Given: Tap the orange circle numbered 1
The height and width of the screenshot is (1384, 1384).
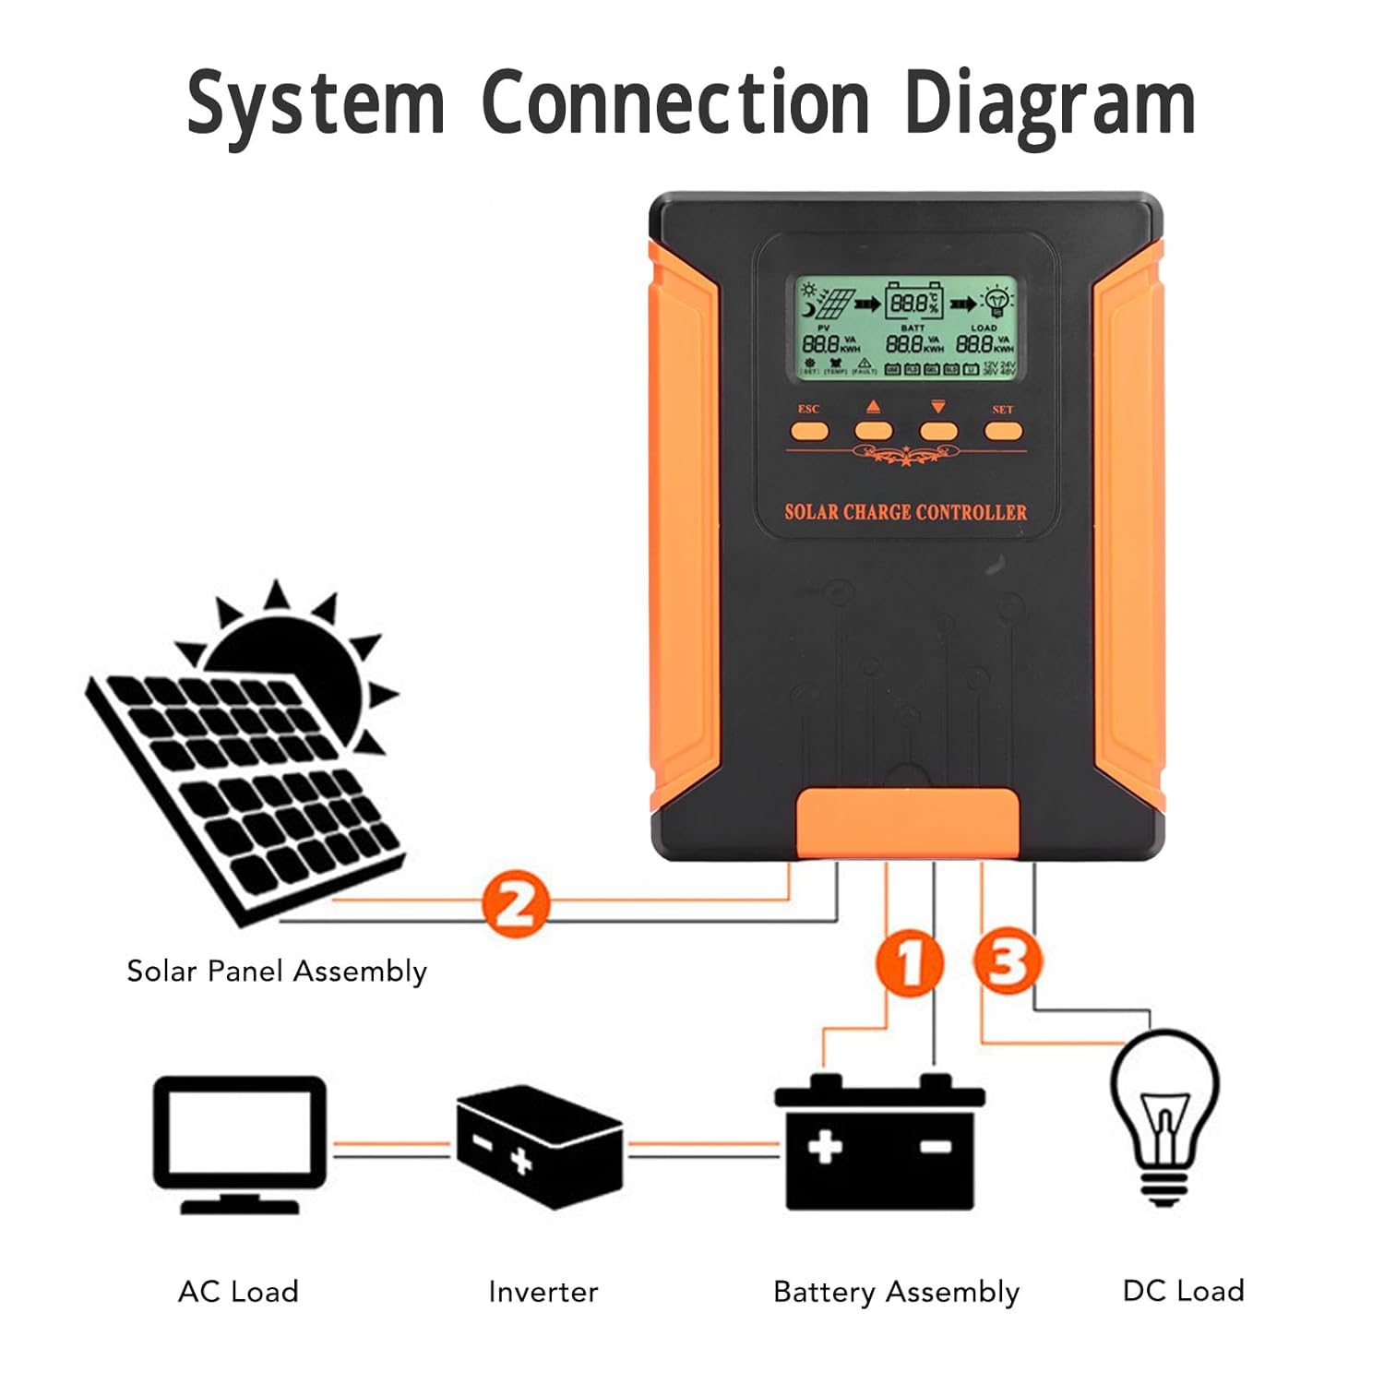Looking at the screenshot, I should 910,963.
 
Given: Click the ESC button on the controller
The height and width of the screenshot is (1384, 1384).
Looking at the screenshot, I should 809,430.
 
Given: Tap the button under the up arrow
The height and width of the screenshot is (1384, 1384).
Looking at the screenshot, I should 873,430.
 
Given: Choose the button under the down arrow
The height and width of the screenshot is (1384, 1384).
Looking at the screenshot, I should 937,430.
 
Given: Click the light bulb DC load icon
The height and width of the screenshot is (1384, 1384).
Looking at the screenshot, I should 1164,1116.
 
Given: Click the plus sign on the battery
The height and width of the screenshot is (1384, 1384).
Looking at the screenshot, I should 824,1147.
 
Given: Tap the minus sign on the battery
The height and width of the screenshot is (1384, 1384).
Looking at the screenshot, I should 936,1146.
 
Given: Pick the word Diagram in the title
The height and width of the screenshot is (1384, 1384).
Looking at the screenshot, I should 1050,103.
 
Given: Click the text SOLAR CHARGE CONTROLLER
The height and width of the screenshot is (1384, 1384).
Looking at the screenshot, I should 905,512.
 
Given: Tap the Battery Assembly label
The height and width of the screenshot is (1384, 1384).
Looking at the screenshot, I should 896,1292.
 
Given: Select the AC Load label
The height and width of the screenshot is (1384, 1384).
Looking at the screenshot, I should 238,1291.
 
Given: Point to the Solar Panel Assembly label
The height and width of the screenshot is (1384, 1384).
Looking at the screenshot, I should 277,971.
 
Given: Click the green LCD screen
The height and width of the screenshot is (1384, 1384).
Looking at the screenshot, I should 905,328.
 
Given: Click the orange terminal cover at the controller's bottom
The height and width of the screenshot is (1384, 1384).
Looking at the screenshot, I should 908,821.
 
